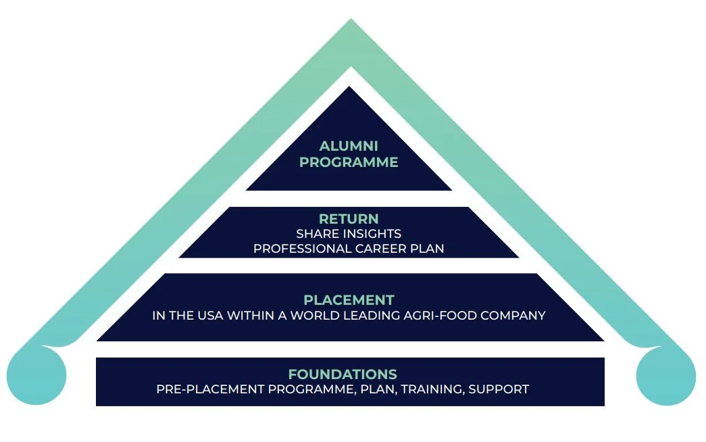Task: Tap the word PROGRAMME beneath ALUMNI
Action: pos(349,162)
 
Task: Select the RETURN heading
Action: pos(349,219)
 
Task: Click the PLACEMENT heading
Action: pos(349,300)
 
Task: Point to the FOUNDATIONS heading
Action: pos(343,374)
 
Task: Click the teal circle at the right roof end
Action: pos(665,375)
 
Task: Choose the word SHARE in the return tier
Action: pos(314,234)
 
